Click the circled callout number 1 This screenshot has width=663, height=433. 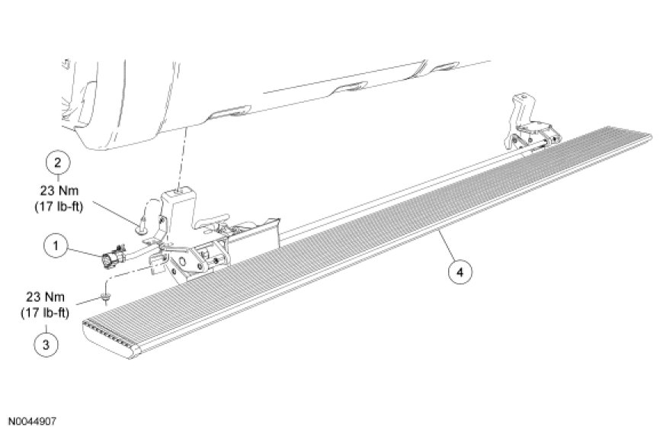point(56,245)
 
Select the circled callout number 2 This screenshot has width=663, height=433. point(57,163)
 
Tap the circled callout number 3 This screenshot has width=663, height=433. point(46,345)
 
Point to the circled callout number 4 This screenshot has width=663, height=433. point(460,271)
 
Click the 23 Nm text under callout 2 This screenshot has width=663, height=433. point(59,191)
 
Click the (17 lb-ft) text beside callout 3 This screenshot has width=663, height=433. point(45,313)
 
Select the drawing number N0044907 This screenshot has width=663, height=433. point(32,421)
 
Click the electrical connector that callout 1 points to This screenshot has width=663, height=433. point(113,256)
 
